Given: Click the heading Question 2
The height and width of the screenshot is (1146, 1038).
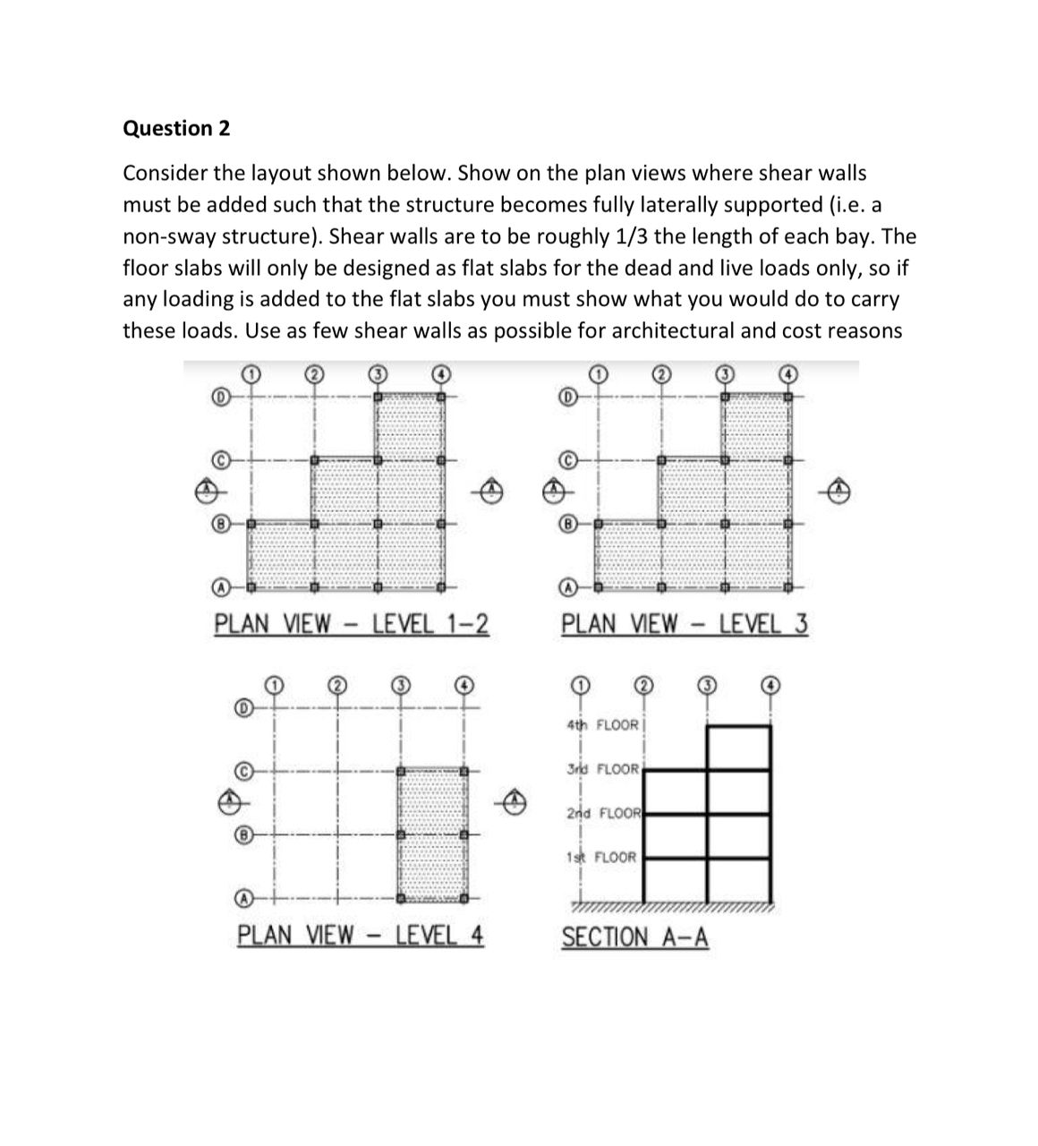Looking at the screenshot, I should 175,128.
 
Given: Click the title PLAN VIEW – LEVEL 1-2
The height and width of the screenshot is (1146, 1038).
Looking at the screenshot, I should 352,623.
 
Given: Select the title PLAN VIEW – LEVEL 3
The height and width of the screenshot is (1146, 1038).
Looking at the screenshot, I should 685,623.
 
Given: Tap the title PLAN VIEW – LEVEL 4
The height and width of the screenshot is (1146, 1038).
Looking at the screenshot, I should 361,936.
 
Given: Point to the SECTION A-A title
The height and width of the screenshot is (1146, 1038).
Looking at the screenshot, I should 634,937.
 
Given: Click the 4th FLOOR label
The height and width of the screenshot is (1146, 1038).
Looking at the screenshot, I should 603,724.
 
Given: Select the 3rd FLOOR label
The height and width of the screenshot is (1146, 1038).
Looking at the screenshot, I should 603,769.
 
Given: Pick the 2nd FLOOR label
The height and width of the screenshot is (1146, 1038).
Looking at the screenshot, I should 604,813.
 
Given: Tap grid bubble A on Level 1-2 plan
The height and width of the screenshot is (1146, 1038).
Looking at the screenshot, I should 217,588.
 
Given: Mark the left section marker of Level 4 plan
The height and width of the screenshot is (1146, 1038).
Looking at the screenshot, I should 231,800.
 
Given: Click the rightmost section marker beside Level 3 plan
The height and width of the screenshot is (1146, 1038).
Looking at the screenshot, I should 838,489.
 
